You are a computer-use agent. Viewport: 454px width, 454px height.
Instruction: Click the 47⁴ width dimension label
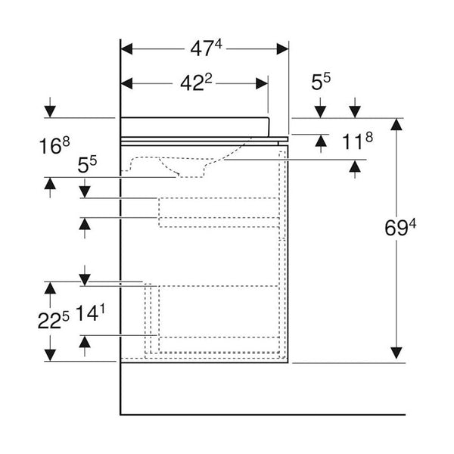tap(205, 49)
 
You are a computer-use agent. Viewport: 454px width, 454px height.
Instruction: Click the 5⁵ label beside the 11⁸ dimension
tap(322, 81)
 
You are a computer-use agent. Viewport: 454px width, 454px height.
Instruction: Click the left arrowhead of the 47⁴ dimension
tap(126, 49)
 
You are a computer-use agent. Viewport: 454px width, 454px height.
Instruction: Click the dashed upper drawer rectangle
tap(217, 212)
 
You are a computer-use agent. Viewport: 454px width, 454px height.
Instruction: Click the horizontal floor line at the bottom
tap(265, 415)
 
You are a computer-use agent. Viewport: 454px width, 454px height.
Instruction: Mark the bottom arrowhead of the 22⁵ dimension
tap(50, 355)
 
